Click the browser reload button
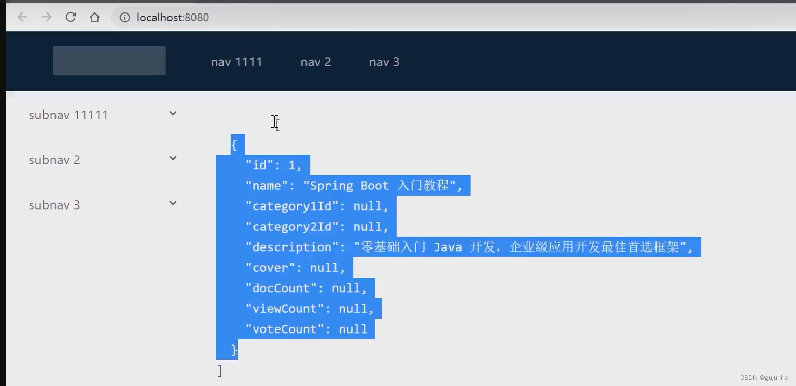(71, 17)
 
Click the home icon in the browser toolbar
(94, 17)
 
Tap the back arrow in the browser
(23, 17)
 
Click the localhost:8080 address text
(173, 18)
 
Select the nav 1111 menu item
(236, 62)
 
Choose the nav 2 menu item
(315, 62)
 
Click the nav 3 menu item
(384, 62)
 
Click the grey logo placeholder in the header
(109, 61)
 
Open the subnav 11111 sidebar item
(68, 115)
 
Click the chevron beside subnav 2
(173, 158)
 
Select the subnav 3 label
(54, 205)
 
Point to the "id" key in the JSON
(259, 166)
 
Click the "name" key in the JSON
(267, 186)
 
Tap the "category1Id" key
(291, 206)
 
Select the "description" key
(291, 247)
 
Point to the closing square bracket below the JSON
(220, 370)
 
